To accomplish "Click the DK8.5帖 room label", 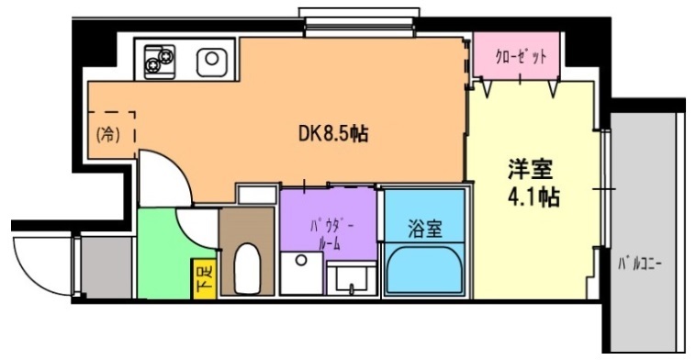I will pos(332,133).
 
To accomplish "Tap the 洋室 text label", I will pos(530,171).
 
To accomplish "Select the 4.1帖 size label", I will pos(533,197).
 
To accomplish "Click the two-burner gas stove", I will pos(160,61).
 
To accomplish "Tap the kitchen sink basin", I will pos(211,61).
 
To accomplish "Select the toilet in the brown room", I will pos(247,268).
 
